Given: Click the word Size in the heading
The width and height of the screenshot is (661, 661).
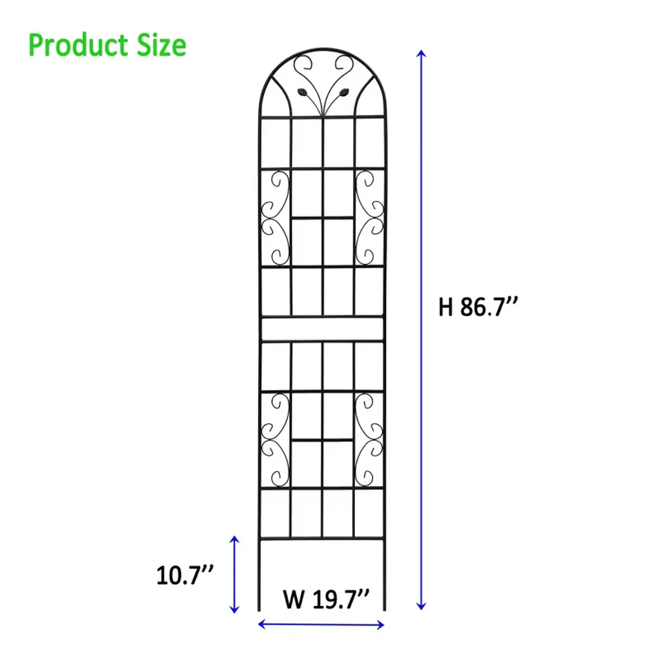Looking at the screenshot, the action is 161,46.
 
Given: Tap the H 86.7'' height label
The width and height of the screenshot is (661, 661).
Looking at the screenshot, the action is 478,307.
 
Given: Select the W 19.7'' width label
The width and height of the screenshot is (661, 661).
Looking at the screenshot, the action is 326,599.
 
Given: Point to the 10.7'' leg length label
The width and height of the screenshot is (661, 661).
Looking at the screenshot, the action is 185,575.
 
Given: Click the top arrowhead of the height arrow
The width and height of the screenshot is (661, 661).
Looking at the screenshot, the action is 421,53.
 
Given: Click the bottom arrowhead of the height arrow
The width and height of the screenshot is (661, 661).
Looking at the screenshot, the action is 421,606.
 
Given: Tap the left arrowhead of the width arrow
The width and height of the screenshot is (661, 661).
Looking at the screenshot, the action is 261,624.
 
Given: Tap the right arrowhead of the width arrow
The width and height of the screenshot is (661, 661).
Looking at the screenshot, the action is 380,625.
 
